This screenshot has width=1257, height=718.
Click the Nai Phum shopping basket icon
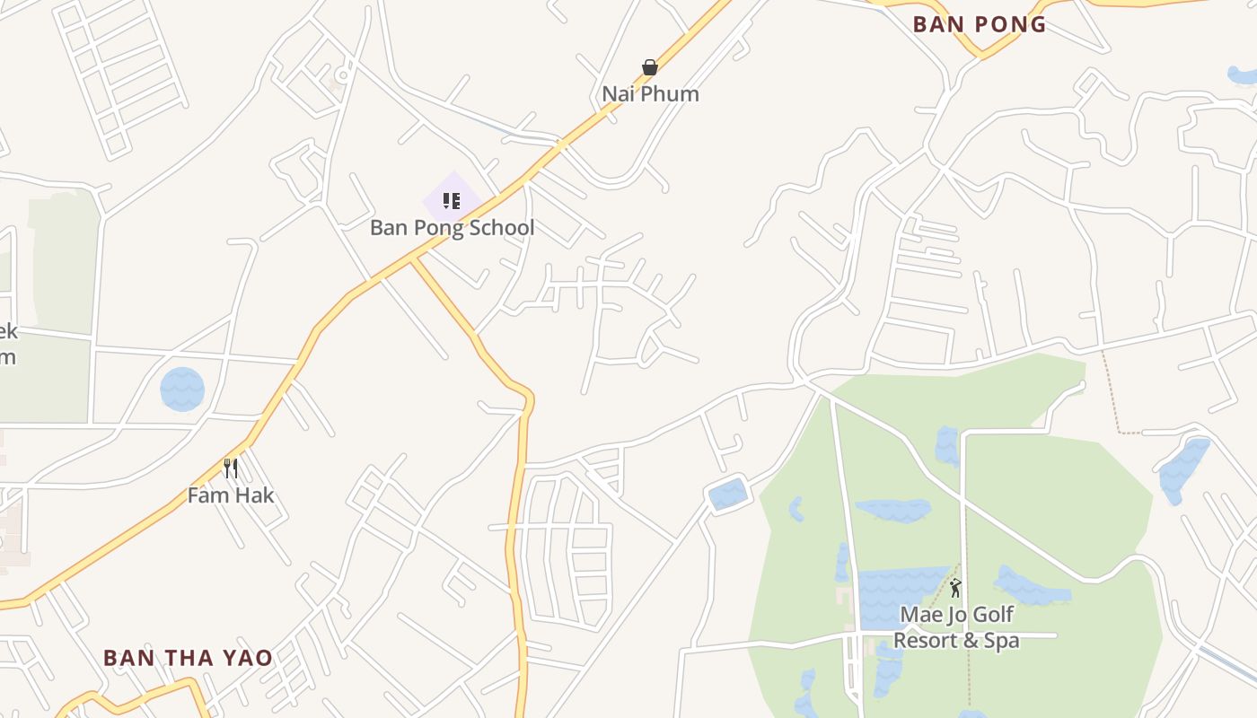pos(650,67)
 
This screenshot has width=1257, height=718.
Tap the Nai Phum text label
pos(650,93)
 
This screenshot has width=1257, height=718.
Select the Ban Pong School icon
pos(452,200)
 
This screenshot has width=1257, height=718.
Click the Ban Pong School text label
pos(452,228)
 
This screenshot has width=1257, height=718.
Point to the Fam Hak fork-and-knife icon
pos(231,468)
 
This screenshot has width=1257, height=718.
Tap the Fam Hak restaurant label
pos(231,495)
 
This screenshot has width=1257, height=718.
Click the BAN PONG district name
pos(980,24)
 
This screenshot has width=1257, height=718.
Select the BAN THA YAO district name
pos(188,658)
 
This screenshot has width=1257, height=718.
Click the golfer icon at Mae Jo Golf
pos(955,589)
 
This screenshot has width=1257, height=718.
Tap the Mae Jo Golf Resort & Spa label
pos(956,627)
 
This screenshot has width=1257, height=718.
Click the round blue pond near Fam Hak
pos(182,390)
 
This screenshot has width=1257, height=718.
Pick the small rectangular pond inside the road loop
pos(727,495)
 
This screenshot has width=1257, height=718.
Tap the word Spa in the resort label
pos(1001,641)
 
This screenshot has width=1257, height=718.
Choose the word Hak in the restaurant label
pos(254,495)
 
